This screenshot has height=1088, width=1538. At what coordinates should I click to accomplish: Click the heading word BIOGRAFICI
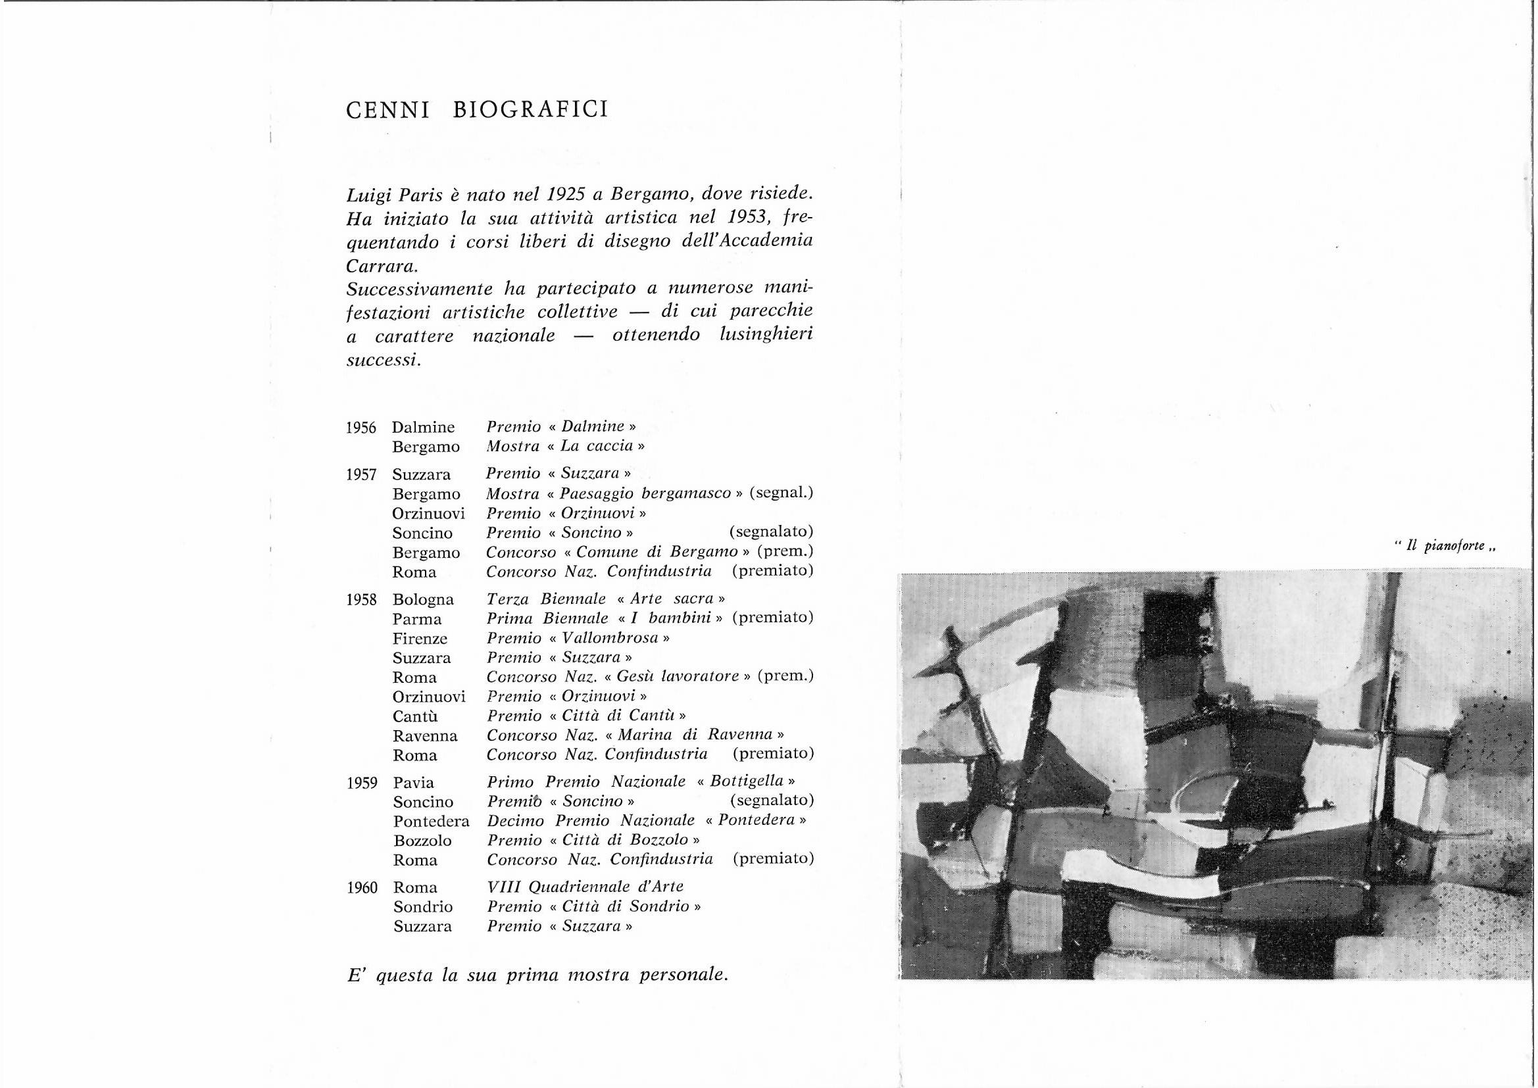tap(530, 109)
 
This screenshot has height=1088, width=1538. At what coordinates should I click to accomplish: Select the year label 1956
tap(362, 428)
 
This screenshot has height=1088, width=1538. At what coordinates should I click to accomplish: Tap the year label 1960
tap(362, 888)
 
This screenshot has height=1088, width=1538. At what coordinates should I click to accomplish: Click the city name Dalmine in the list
tap(424, 428)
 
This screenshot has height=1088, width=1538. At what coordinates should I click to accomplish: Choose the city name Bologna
tap(424, 600)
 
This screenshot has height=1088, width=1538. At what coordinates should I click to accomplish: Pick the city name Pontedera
tap(432, 822)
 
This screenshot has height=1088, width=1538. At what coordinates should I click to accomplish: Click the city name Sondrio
tap(423, 908)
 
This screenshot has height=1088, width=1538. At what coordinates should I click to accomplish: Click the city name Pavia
tap(413, 783)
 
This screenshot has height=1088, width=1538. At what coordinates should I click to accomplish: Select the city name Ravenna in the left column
tap(426, 736)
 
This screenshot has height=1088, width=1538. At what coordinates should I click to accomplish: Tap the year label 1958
tap(362, 601)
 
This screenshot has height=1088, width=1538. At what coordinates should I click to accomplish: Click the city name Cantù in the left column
tap(415, 717)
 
